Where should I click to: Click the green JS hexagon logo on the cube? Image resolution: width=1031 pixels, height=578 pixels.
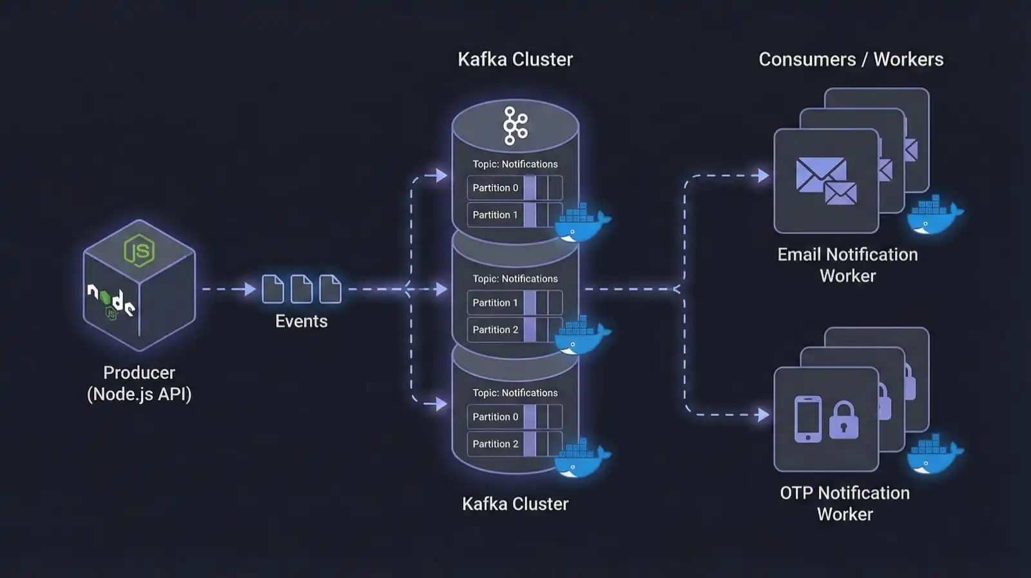click(139, 250)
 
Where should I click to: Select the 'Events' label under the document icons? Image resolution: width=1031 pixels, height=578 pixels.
click(301, 321)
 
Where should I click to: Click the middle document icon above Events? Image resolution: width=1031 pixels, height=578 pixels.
click(301, 288)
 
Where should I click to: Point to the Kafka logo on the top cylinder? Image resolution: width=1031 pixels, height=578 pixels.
click(515, 126)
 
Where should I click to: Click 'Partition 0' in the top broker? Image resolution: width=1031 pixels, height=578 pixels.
click(495, 188)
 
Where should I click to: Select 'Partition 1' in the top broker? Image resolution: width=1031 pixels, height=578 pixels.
click(495, 215)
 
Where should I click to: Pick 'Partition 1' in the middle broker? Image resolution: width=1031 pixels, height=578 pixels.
click(495, 303)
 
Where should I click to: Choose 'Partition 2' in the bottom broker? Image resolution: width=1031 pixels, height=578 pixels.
click(495, 444)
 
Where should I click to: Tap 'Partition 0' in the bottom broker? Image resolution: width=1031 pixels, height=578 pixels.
click(495, 417)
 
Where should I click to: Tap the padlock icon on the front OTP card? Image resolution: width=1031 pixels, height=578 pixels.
click(843, 420)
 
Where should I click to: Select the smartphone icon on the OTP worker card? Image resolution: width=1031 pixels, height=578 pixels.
click(808, 419)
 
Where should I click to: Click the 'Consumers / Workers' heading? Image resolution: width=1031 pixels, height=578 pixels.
click(851, 59)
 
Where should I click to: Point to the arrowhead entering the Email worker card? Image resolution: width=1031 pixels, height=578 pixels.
click(764, 175)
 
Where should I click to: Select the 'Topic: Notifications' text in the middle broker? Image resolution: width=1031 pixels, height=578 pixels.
click(515, 279)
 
